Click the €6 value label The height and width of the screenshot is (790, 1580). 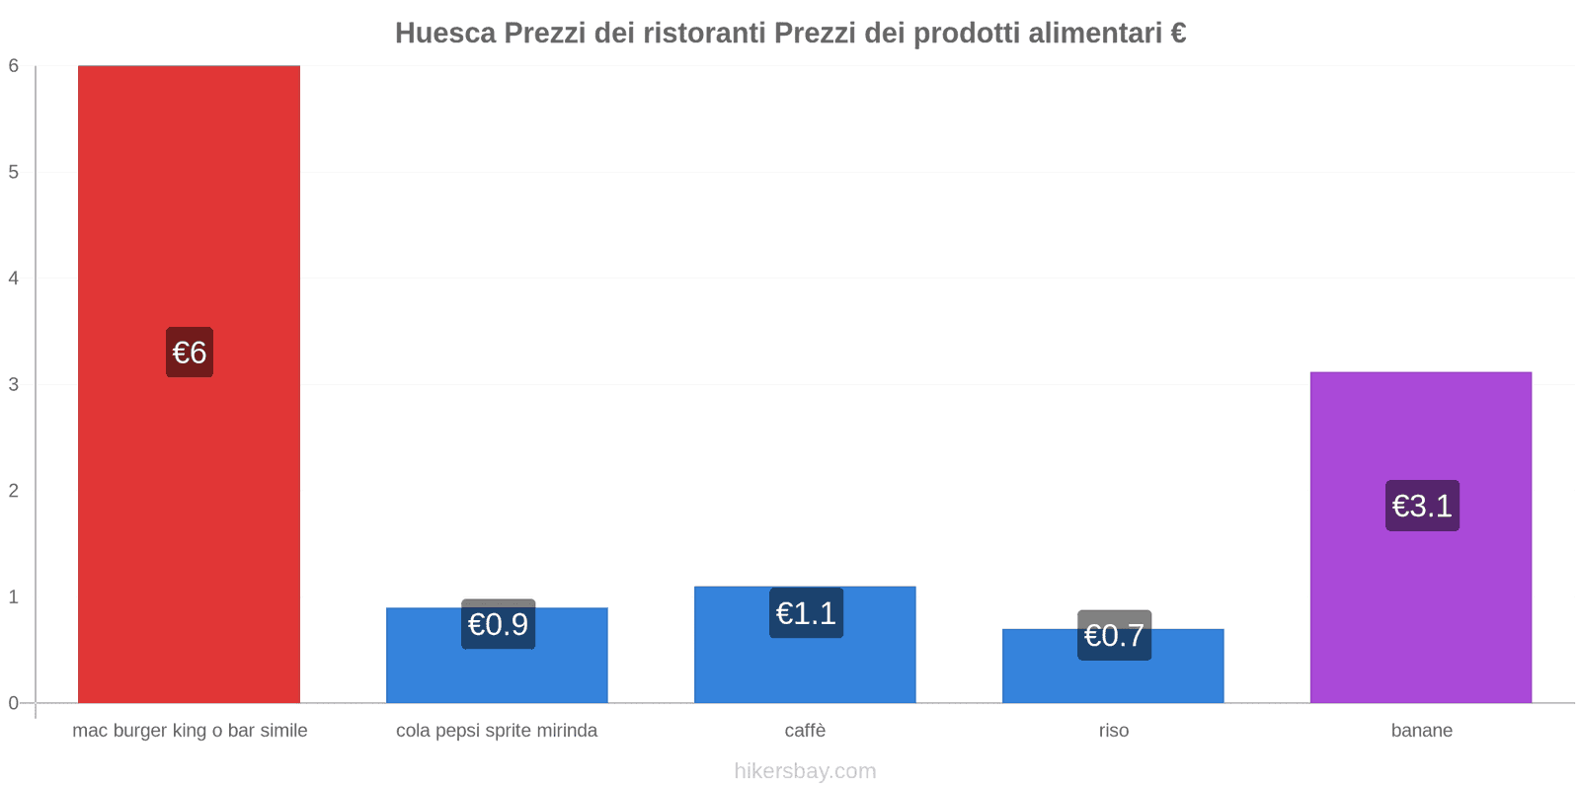(190, 353)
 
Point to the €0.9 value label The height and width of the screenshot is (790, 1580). (498, 624)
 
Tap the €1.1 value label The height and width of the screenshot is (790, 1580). (806, 613)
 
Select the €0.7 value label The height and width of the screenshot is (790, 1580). (1114, 635)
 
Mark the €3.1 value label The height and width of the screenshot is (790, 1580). (1422, 506)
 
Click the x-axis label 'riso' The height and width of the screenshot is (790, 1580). (1114, 731)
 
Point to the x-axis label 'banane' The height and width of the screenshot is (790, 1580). (1422, 731)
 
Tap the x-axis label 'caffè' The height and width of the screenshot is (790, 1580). (805, 731)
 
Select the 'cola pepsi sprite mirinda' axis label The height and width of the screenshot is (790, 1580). (497, 731)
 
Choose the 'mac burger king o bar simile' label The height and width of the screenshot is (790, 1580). (190, 731)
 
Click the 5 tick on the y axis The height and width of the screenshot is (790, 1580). (14, 172)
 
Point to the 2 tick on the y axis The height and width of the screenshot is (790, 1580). (14, 491)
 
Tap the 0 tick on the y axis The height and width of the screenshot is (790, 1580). (14, 703)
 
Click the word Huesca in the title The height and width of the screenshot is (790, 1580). (445, 34)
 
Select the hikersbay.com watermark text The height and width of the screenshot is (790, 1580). (805, 771)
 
